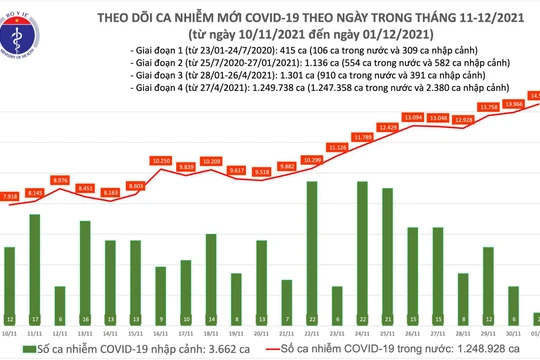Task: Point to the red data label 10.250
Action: coord(164,160)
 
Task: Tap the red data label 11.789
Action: coord(362,136)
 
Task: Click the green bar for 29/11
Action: coord(487,281)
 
